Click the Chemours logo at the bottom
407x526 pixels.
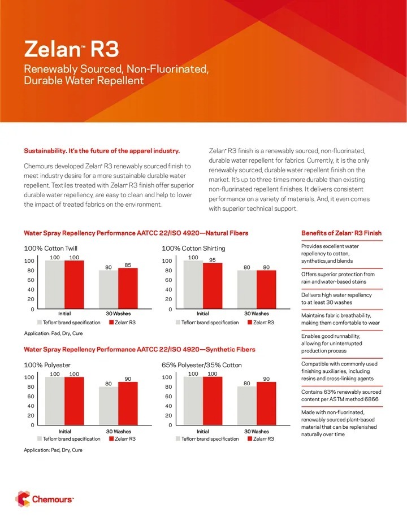(x=45, y=499)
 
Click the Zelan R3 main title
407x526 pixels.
(x=71, y=50)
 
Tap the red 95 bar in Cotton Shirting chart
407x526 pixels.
(x=213, y=286)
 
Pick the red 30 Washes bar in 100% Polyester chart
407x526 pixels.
(x=128, y=403)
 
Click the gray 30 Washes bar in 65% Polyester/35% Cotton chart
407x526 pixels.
(x=246, y=405)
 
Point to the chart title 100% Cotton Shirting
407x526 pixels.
(x=193, y=248)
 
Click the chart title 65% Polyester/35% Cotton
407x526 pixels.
(x=202, y=365)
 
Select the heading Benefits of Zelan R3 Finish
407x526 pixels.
(x=341, y=233)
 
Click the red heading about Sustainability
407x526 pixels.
(x=102, y=151)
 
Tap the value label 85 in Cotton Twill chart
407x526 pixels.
(x=128, y=264)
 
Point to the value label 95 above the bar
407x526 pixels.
(x=213, y=260)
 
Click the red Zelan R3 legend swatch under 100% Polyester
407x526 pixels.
(x=111, y=438)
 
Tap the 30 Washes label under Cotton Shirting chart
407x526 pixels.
(x=257, y=314)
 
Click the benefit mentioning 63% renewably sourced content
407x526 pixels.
(x=340, y=395)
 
